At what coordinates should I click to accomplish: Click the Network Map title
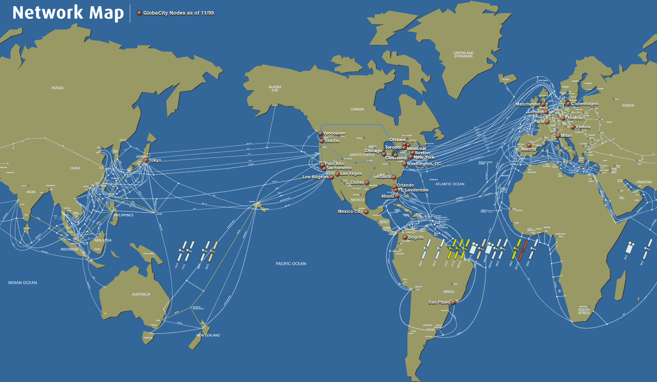pyautogui.click(x=68, y=13)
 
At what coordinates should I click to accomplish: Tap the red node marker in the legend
pyautogui.click(x=139, y=13)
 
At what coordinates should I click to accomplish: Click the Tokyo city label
pyautogui.click(x=155, y=160)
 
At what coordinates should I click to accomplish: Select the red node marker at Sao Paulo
pyautogui.click(x=453, y=302)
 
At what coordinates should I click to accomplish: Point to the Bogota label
pyautogui.click(x=416, y=237)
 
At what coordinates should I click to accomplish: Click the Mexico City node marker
pyautogui.click(x=366, y=212)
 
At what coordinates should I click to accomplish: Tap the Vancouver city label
pyautogui.click(x=334, y=133)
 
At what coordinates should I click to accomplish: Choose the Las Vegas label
pyautogui.click(x=351, y=174)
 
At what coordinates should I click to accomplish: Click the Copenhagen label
pyautogui.click(x=585, y=104)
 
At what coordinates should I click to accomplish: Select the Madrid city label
pyautogui.click(x=528, y=149)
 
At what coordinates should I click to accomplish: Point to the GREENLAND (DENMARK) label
pyautogui.click(x=463, y=55)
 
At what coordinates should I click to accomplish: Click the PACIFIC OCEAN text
pyautogui.click(x=291, y=264)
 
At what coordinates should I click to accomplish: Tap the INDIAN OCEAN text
pyautogui.click(x=22, y=283)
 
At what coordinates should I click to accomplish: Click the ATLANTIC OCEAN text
pyautogui.click(x=450, y=184)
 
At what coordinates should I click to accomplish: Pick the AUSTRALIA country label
pyautogui.click(x=141, y=295)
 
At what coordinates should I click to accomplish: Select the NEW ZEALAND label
pyautogui.click(x=208, y=335)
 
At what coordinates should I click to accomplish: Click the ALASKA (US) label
pyautogui.click(x=275, y=88)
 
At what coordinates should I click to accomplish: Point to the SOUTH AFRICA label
pyautogui.click(x=584, y=311)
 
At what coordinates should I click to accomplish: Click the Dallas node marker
pyautogui.click(x=367, y=183)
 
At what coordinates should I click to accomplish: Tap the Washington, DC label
pyautogui.click(x=424, y=164)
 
